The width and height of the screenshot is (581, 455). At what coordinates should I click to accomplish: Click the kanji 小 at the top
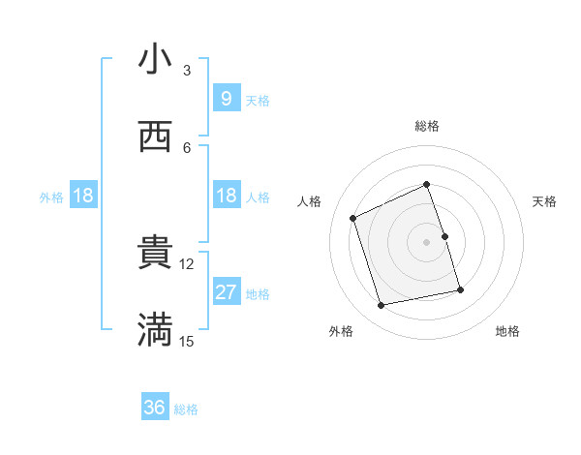pos(155,59)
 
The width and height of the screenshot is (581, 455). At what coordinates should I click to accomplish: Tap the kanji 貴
pos(155,253)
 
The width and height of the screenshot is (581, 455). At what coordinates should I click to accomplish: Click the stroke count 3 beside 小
pos(187,71)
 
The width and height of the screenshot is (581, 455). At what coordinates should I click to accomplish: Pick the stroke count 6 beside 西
pos(187,147)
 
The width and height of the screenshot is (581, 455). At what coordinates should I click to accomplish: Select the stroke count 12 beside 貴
pos(187,263)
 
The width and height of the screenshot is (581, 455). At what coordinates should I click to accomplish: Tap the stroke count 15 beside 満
pos(187,341)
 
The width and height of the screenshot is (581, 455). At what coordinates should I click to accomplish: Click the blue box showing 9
pos(226,98)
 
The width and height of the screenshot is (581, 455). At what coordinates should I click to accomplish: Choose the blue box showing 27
pos(226,292)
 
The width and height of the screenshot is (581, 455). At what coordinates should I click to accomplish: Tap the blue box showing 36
pos(154,408)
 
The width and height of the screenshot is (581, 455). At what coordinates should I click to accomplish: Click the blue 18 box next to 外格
pos(82,196)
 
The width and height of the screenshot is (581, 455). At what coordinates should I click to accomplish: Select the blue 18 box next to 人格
pos(226,196)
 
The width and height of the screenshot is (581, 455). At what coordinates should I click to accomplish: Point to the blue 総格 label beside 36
pos(186,409)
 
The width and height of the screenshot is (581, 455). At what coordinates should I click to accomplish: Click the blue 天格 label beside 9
pos(258,100)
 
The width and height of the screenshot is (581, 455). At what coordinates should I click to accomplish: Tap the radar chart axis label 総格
pos(427,126)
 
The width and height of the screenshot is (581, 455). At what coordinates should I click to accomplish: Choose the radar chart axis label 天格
pos(544,201)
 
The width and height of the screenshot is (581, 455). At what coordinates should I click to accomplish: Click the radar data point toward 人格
pos(353,218)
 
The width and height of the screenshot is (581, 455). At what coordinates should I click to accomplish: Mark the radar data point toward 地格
pos(460,289)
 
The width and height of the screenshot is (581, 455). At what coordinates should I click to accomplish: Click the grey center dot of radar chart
pos(427,241)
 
